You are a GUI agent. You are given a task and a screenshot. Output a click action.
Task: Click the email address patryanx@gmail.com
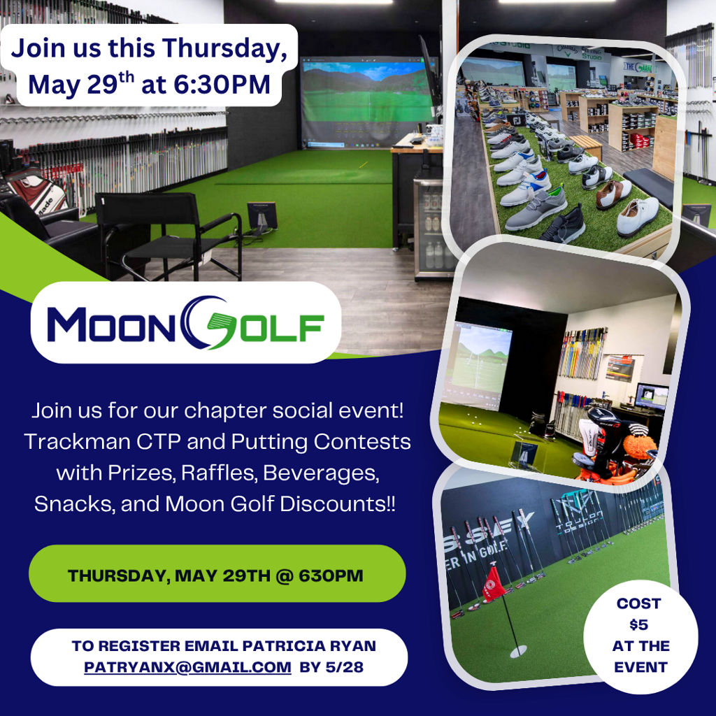(187, 667)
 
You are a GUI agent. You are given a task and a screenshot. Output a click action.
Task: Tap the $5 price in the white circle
(638, 624)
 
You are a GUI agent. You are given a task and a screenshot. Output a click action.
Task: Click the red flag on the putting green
(494, 585)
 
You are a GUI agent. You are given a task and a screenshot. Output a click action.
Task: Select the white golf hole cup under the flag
(518, 651)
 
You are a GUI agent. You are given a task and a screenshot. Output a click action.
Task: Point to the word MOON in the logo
(111, 324)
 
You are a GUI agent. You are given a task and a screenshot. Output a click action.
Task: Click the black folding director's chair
(169, 235)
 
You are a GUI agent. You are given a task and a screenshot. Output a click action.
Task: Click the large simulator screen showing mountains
(368, 101)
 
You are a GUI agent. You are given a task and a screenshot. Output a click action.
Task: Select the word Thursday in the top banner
(224, 48)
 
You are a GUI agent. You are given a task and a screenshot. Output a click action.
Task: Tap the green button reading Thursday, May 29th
(217, 573)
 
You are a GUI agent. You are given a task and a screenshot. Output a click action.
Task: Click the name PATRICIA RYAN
(309, 645)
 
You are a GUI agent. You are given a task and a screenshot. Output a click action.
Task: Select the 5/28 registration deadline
(345, 667)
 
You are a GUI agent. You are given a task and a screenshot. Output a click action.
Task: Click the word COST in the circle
(638, 603)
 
